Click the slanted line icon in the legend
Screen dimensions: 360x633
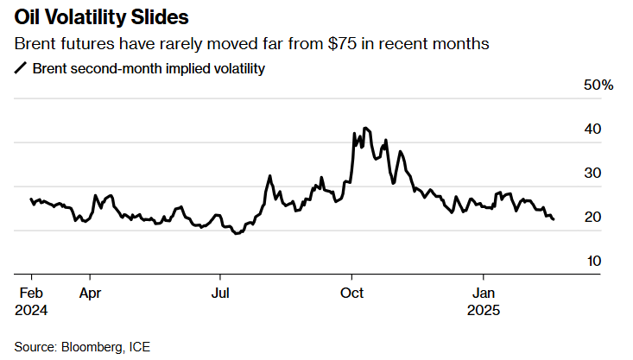click(21, 68)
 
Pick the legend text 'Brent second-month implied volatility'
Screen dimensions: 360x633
click(148, 68)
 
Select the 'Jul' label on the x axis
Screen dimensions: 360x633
click(220, 292)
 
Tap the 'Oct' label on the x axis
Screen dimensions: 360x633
click(351, 292)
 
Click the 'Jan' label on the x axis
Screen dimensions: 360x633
click(482, 292)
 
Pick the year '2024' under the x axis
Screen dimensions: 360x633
click(31, 309)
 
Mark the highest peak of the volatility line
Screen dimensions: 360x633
click(366, 128)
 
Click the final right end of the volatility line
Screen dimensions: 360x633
click(554, 219)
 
